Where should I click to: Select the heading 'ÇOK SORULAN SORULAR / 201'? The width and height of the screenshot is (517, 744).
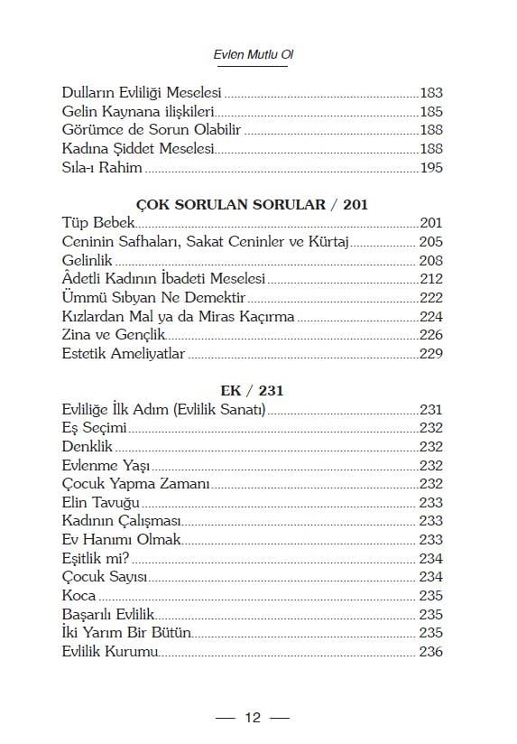[253, 204]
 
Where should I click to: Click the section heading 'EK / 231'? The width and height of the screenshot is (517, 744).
[253, 391]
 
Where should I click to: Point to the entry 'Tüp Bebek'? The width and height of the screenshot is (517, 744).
[98, 223]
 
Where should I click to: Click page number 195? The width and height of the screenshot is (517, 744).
[430, 167]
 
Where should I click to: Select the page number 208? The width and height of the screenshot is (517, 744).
[430, 260]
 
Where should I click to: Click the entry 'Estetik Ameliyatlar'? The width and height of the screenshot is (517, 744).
[124, 353]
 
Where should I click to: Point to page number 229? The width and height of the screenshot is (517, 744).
[430, 353]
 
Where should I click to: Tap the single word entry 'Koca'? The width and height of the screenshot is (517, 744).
[79, 596]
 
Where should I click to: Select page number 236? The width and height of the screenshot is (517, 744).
[430, 652]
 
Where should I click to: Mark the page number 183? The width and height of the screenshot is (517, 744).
[430, 93]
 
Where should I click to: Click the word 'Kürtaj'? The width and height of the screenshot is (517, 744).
[328, 242]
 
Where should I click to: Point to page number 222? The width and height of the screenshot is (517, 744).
[430, 297]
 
